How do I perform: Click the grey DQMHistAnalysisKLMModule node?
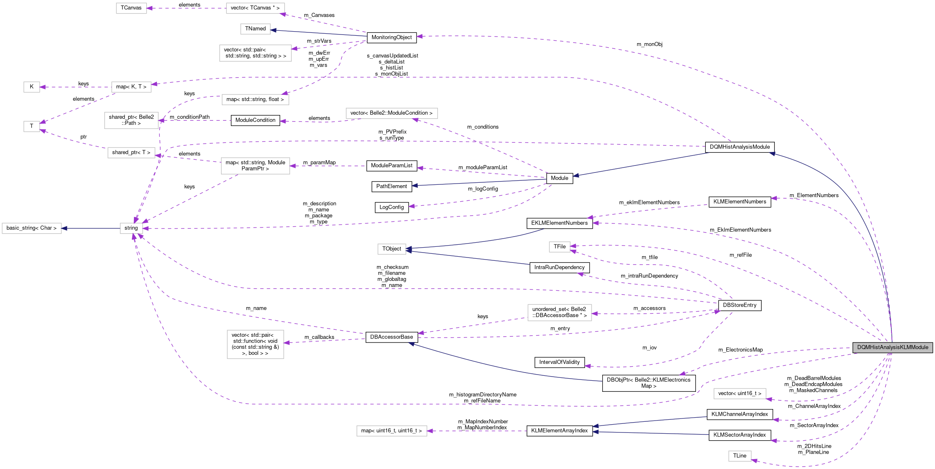pyautogui.click(x=892, y=347)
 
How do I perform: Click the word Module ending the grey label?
pyautogui.click(x=920, y=347)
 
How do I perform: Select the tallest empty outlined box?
pyautogui.click(x=255, y=344)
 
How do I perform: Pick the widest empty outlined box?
pyautogui.click(x=392, y=113)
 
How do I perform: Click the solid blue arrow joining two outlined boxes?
pyautogui.click(x=90, y=228)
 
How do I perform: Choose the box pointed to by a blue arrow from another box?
pyautogui.click(x=32, y=228)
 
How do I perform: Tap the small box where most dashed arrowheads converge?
pyautogui.click(x=131, y=228)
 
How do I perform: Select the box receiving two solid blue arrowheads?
pyautogui.click(x=392, y=249)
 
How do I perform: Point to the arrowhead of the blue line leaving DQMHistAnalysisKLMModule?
pyautogui.click(x=772, y=154)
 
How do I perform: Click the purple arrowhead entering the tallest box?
pyautogui.click(x=287, y=343)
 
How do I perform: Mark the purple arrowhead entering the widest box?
pyautogui.click(x=415, y=120)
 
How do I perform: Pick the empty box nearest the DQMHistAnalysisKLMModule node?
pyautogui.click(x=739, y=393)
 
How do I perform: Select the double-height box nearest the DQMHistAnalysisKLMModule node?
pyautogui.click(x=559, y=313)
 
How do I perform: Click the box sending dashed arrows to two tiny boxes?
pyautogui.click(x=131, y=87)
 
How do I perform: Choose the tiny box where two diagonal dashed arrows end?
pyautogui.click(x=32, y=126)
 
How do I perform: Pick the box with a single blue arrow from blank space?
pyautogui.click(x=255, y=29)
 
